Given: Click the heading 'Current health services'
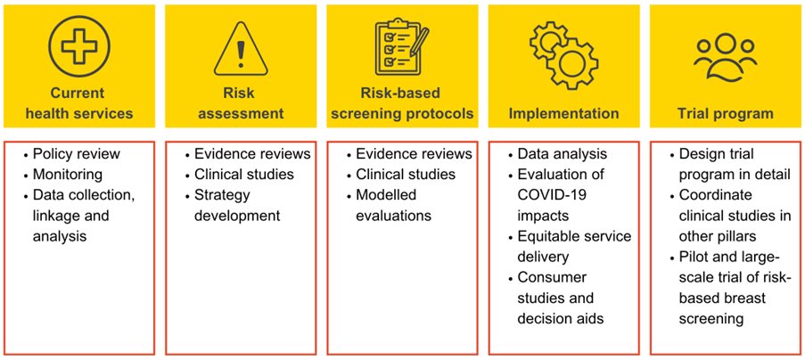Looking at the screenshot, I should pos(78,103).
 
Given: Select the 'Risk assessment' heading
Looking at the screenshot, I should pos(240,103).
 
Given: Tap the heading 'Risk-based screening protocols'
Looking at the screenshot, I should pos(401,103).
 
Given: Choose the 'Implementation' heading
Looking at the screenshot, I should pos(563,114).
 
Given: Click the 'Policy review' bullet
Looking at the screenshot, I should pos(76,154).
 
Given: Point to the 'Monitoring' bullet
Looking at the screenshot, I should pos(67,175).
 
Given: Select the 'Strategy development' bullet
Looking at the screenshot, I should pos(236,205).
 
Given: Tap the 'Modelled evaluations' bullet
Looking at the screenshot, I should pos(393,205).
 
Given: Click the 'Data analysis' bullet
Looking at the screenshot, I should pos(562,154).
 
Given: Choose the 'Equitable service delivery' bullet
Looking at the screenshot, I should pos(573,247).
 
